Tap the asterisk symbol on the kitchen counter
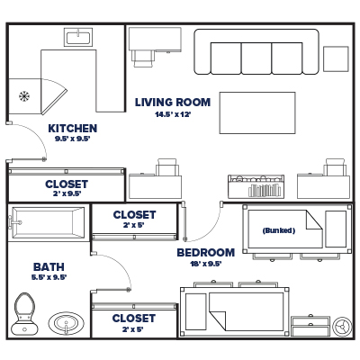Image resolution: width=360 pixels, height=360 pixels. point(24,95)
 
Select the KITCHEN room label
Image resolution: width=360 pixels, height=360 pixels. point(72,128)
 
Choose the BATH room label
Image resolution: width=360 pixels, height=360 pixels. point(48,267)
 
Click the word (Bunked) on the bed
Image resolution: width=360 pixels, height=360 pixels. point(278,229)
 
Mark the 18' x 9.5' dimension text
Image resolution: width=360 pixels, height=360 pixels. point(205,264)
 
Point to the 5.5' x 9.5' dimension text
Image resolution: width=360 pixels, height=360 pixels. point(48,279)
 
